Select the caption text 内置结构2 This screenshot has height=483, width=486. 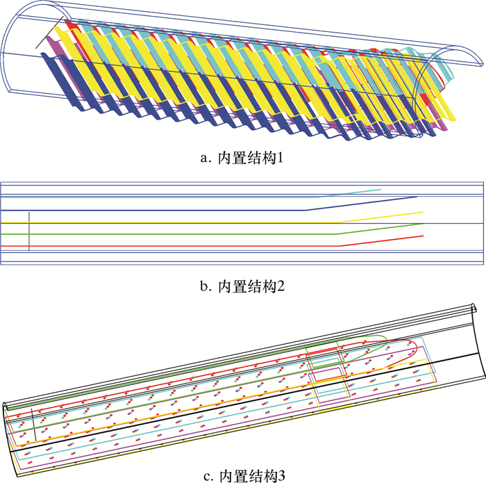pos(249,286)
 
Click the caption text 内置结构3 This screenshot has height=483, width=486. pos(249,475)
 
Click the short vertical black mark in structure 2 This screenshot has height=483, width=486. pos(30,231)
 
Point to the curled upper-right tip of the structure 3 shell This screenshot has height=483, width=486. pos(475,308)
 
